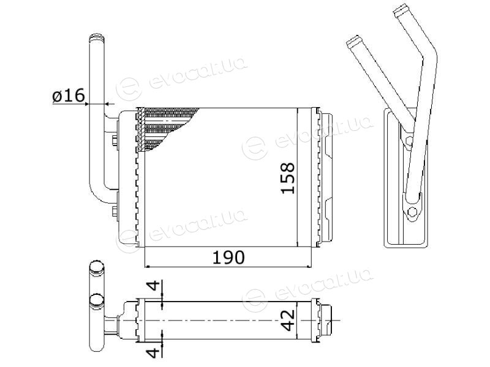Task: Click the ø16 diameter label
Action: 69,95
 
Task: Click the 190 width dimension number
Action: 228,258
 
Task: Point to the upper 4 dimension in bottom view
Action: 154,285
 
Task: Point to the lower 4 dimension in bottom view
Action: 154,353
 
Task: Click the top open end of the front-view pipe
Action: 96,37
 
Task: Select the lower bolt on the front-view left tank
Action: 115,211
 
